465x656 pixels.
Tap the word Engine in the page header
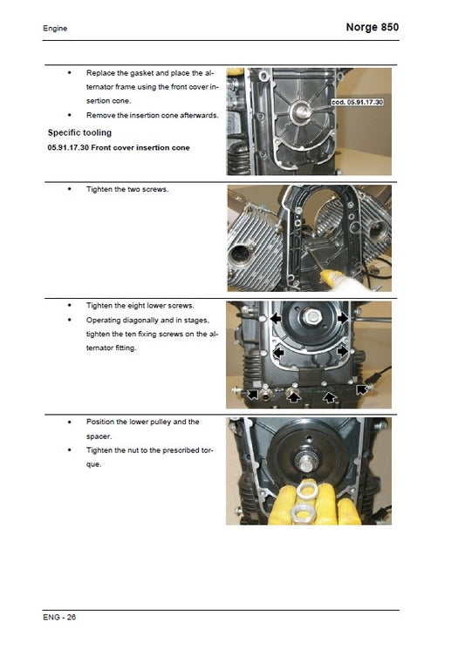tap(55, 29)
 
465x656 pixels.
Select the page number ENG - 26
tap(59, 617)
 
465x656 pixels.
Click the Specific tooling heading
tap(79, 132)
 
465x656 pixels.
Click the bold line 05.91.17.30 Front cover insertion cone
tap(119, 147)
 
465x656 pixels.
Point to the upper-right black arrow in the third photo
tap(344, 320)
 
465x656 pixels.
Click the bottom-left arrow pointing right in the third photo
tap(252, 394)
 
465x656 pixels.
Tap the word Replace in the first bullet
tap(102, 73)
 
